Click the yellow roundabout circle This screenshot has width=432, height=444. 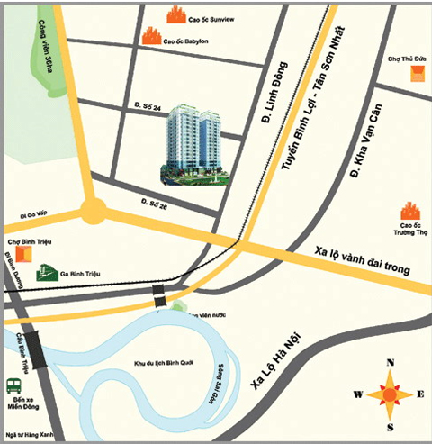click(x=93, y=213)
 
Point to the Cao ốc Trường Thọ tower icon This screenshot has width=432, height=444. click(x=412, y=213)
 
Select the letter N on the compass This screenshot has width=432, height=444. click(x=390, y=364)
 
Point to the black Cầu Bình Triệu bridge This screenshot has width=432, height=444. click(x=36, y=343)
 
